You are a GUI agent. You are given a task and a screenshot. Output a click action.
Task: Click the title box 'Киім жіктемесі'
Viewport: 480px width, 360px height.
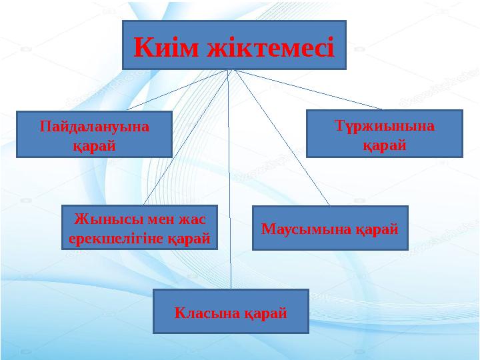[x=234, y=45]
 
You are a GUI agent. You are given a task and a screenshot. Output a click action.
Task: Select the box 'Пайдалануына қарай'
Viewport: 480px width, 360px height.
[x=94, y=134]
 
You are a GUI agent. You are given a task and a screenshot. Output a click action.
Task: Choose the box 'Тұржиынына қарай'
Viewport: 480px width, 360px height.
[x=384, y=133]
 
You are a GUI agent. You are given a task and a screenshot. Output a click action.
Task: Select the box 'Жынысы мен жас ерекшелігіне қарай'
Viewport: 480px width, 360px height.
[x=140, y=227]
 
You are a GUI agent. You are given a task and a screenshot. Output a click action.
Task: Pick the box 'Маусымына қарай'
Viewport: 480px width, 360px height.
[x=330, y=228]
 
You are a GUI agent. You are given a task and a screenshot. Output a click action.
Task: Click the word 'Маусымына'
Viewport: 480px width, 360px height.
[x=304, y=228]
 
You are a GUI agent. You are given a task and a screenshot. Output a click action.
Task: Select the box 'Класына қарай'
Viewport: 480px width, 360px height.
[x=231, y=311]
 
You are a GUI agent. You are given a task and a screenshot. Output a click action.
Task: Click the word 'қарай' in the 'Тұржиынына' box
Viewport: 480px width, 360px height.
[x=384, y=143]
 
